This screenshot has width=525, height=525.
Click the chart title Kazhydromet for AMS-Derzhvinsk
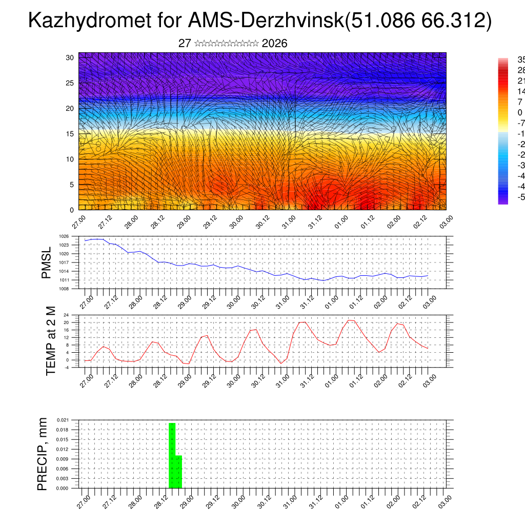click(x=259, y=21)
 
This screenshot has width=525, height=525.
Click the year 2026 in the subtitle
click(x=274, y=44)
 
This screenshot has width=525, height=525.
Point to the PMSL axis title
click(x=47, y=262)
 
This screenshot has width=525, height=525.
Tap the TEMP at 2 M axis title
click(x=51, y=340)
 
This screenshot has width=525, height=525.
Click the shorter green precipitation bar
click(x=179, y=472)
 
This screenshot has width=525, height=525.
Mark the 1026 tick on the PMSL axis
click(x=64, y=236)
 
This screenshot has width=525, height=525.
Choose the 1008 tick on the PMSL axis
click(x=64, y=289)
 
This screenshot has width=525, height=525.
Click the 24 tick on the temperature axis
click(x=66, y=315)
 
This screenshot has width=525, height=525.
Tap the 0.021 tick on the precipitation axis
click(x=63, y=420)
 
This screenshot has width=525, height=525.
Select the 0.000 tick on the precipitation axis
click(x=63, y=489)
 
